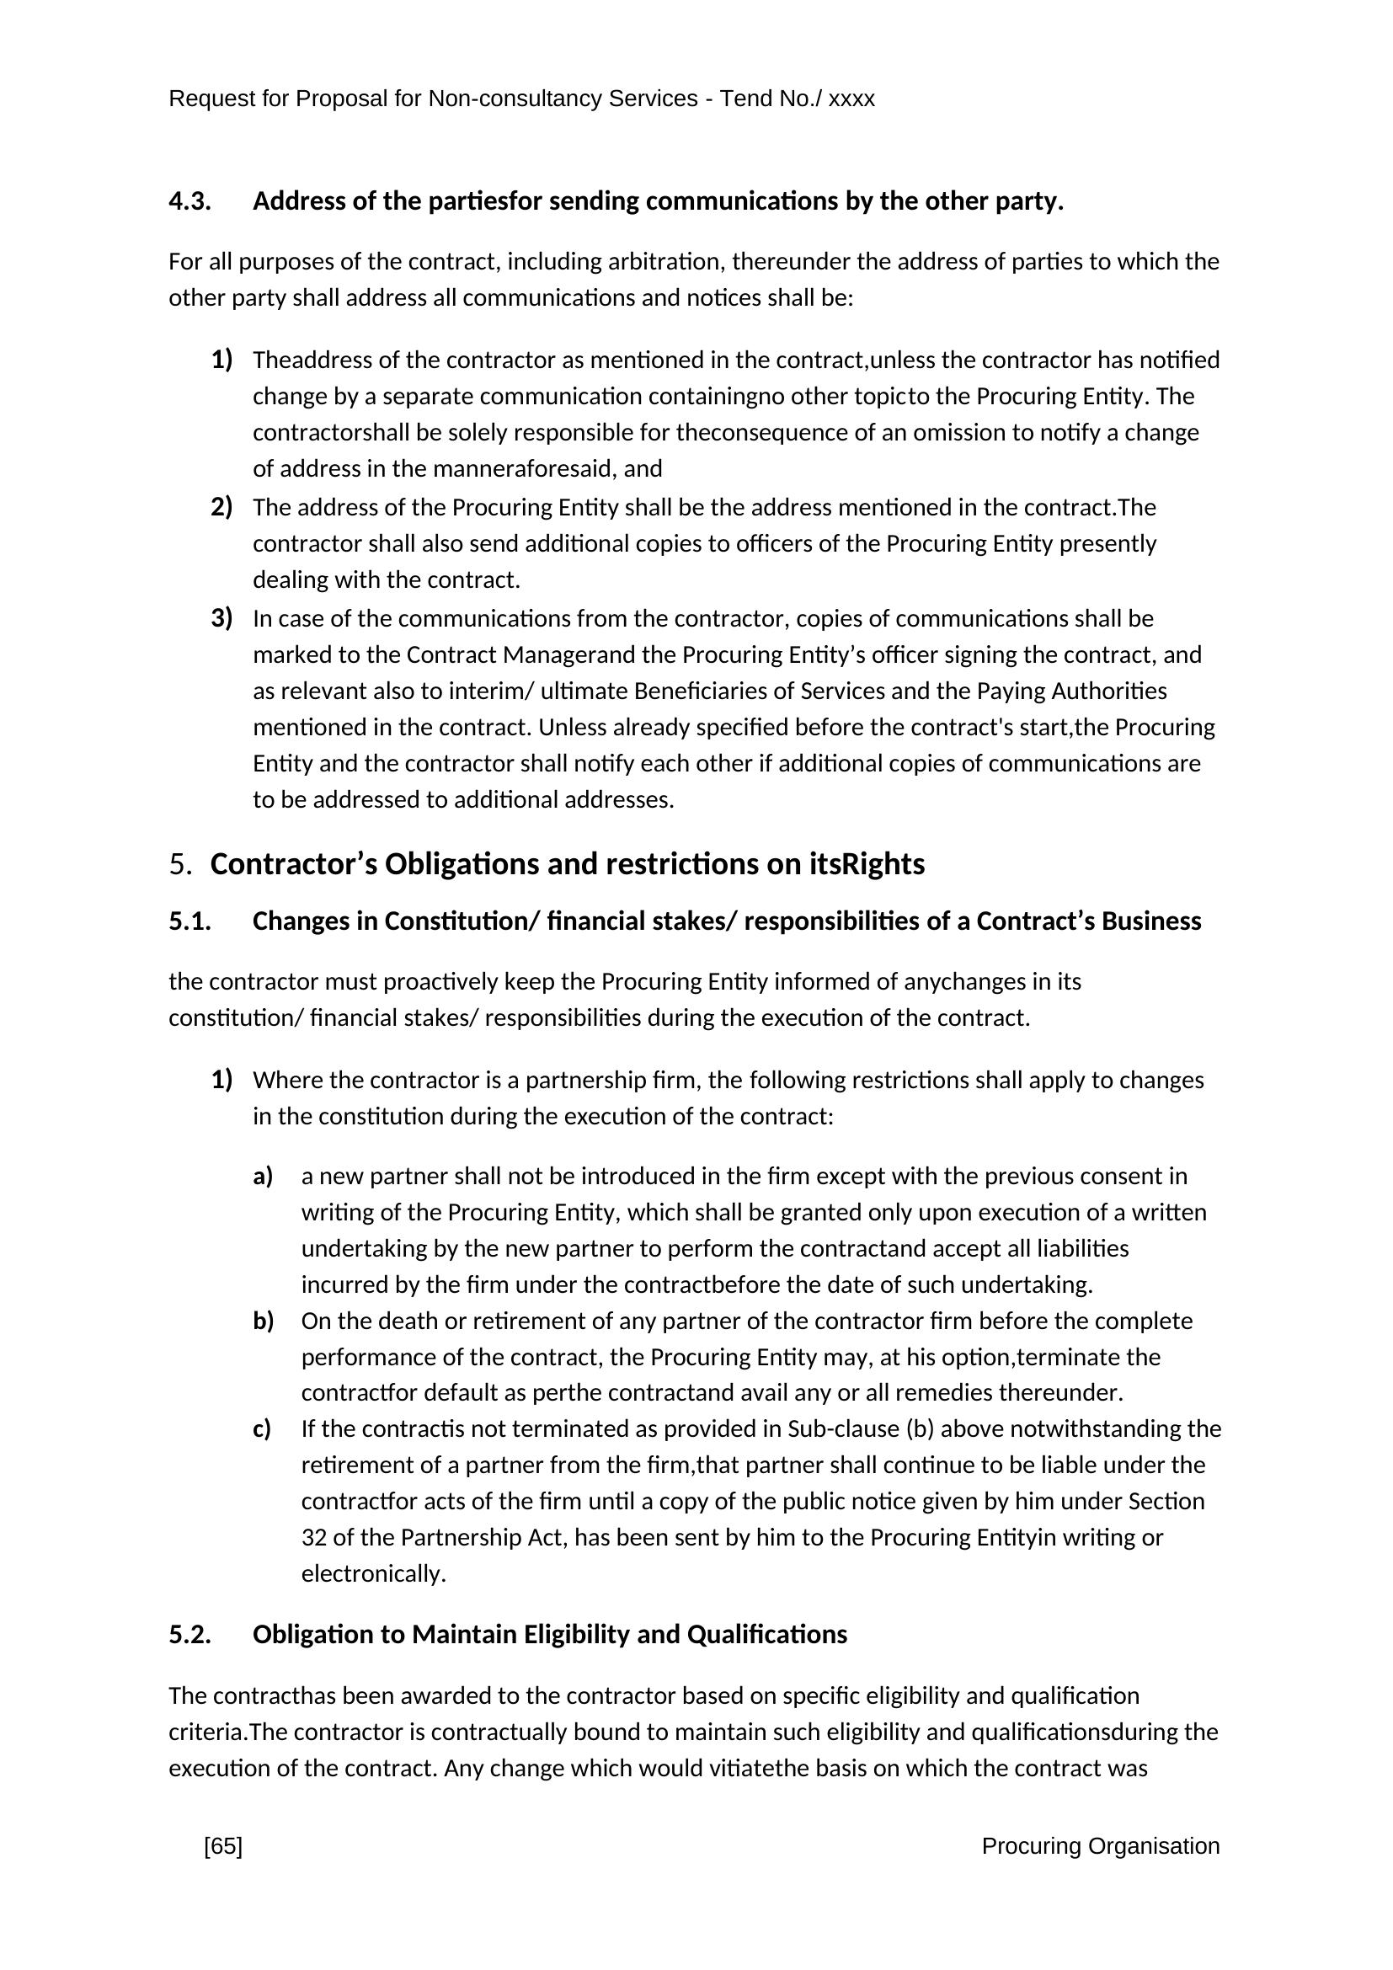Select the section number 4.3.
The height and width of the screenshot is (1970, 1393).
[x=189, y=201]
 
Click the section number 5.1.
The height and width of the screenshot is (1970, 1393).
[x=189, y=921]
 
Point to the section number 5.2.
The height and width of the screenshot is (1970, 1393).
[x=189, y=1635]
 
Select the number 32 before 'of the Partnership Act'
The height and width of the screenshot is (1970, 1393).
[x=313, y=1537]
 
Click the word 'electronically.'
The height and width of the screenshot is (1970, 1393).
[x=373, y=1573]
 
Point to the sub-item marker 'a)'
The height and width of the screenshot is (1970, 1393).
[x=263, y=1177]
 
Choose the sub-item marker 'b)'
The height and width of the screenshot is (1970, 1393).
[x=263, y=1321]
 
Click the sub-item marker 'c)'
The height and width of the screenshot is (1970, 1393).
[x=262, y=1428]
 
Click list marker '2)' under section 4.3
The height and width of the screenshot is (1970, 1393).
[x=221, y=507]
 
